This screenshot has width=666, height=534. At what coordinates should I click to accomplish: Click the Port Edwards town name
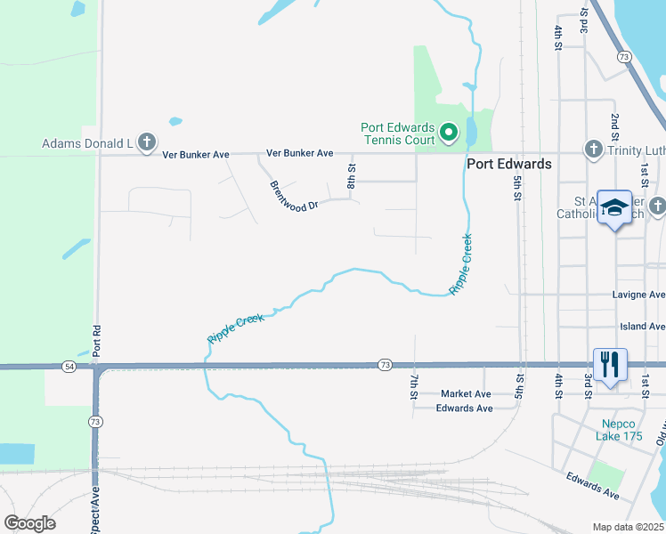click(x=509, y=164)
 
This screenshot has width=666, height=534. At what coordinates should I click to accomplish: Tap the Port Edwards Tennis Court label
click(x=397, y=133)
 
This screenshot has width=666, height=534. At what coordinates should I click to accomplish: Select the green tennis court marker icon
click(x=450, y=133)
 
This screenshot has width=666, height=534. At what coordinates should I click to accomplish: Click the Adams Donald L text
click(x=86, y=142)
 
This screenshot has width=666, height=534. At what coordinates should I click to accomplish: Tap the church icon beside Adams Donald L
click(x=147, y=142)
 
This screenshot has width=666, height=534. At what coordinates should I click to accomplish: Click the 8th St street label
click(x=352, y=174)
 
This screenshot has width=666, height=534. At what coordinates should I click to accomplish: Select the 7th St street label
click(x=415, y=386)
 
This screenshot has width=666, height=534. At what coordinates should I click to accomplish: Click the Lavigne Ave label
click(x=638, y=295)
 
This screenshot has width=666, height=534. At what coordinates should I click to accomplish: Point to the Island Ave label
click(x=642, y=327)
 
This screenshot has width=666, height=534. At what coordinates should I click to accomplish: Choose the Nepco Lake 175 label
click(x=620, y=430)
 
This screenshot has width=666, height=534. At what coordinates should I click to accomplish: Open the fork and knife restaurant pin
click(x=609, y=364)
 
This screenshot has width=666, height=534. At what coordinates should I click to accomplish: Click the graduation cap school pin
click(x=613, y=208)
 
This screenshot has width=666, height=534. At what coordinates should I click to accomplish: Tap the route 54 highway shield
click(x=69, y=366)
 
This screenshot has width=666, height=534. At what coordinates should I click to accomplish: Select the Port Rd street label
click(x=97, y=339)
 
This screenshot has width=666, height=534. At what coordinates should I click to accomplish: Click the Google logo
click(x=29, y=523)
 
